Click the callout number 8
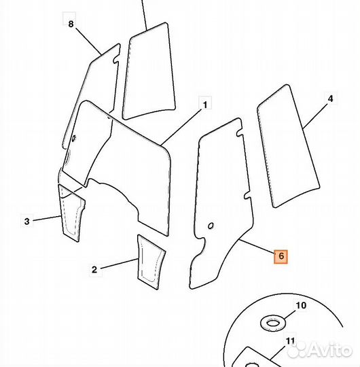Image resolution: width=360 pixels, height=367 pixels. click(x=71, y=24)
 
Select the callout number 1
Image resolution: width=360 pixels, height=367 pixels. click(x=205, y=105)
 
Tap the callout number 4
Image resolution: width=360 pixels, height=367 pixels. click(x=330, y=99)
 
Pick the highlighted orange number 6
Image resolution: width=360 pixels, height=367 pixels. click(x=281, y=256)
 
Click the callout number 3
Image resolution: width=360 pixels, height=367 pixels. click(x=27, y=221)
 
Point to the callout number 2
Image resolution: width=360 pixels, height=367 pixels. click(x=94, y=270)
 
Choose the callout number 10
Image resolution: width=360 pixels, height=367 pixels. click(x=301, y=305)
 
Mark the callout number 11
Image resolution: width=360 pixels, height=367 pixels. click(x=290, y=340)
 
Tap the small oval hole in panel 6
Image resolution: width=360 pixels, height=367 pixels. click(x=211, y=226)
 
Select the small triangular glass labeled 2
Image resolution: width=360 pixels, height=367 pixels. click(x=151, y=261)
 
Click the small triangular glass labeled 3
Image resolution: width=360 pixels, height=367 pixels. click(x=71, y=212)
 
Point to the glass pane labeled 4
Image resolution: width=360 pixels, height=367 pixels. click(x=289, y=146)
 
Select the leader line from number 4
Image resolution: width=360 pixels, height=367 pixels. click(x=314, y=116)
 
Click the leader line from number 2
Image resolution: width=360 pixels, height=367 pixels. click(x=120, y=264)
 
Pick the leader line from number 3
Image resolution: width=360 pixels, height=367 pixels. click(x=47, y=218)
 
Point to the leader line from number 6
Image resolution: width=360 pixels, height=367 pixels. click(x=257, y=246)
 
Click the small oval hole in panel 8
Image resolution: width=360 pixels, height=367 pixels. click(x=73, y=139)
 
